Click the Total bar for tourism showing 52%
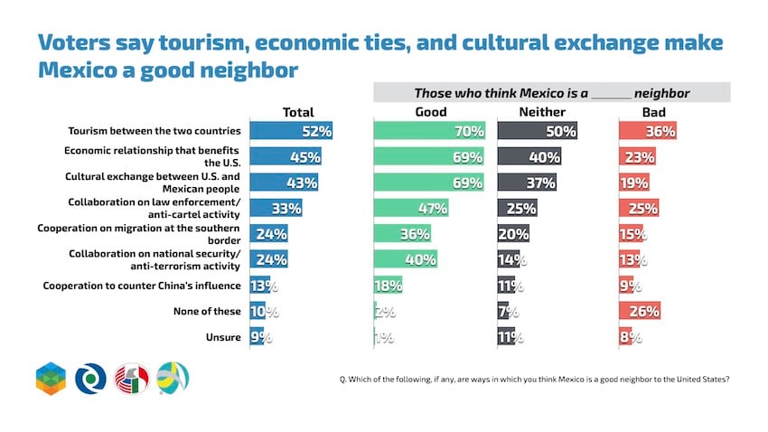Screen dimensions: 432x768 (292, 131)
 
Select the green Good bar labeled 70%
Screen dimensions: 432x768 (430, 131)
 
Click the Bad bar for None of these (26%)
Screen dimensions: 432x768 (642, 311)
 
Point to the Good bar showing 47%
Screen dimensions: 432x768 (411, 209)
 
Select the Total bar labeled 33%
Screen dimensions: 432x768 (276, 209)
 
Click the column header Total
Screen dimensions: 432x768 (298, 112)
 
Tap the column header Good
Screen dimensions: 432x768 (430, 112)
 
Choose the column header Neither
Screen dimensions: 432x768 (542, 112)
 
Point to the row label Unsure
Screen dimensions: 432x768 (223, 337)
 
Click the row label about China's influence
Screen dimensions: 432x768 (142, 286)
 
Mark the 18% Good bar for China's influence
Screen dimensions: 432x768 (389, 286)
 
